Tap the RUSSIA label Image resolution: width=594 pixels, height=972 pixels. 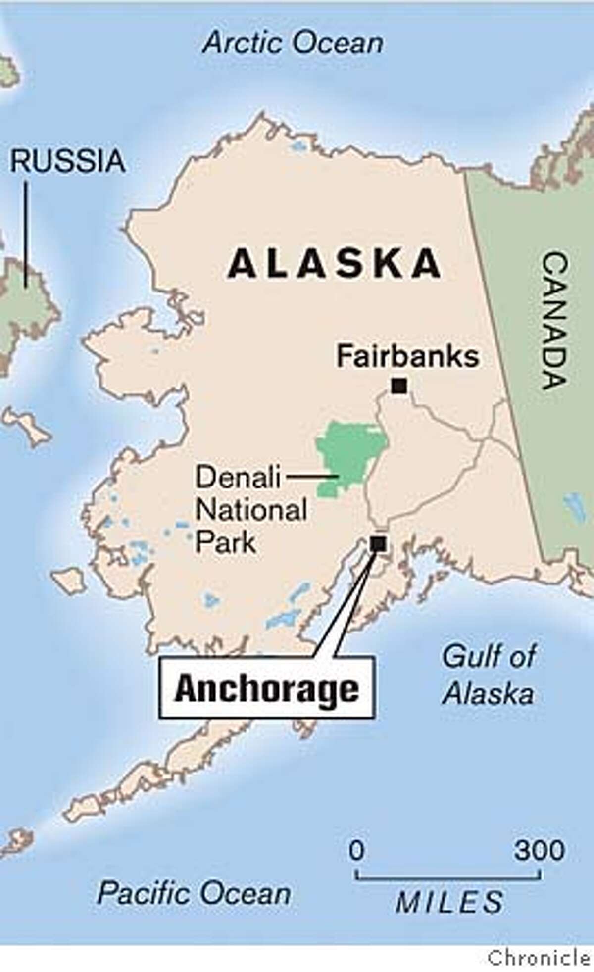pos(68,161)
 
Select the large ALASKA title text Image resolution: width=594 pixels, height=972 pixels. pos(334,263)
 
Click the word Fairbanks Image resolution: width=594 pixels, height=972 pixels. pos(408,356)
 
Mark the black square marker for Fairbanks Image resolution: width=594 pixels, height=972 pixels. pos(399,386)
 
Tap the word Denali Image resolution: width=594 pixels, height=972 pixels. pos(238,478)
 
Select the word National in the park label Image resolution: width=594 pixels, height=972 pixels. pos(251,510)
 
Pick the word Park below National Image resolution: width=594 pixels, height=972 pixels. pos(225,542)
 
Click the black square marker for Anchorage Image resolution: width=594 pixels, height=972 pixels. pos(378,543)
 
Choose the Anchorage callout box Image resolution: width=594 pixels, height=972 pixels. pos(267,689)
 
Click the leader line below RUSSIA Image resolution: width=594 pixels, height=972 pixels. pos(26,233)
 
